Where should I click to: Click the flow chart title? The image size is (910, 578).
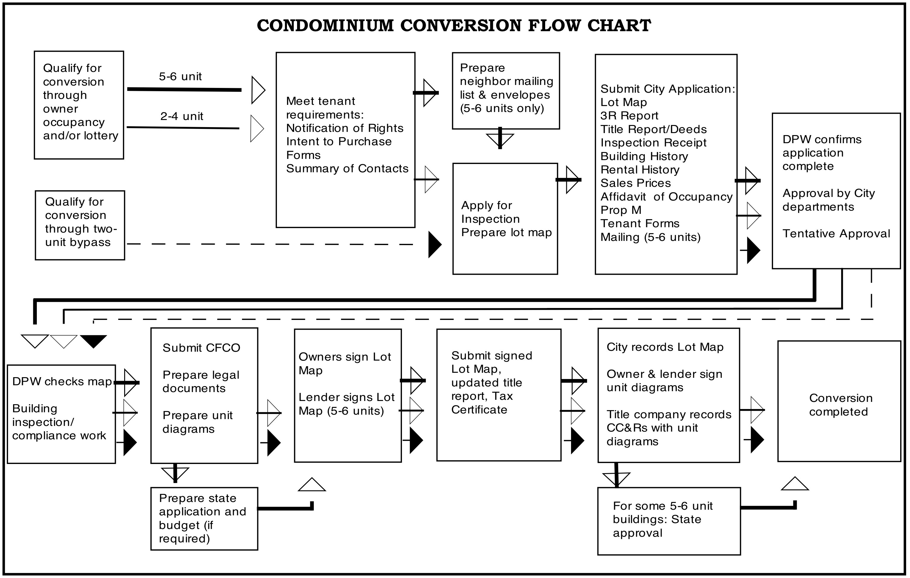pos(454,26)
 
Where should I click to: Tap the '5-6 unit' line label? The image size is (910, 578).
pos(180,77)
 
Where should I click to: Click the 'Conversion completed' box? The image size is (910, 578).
pos(839,401)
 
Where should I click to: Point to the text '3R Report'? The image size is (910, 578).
pos(629,116)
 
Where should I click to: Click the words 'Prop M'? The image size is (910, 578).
pos(621,210)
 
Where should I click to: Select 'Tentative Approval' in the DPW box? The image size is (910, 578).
pos(836,233)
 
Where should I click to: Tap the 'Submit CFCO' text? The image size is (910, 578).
pos(201,348)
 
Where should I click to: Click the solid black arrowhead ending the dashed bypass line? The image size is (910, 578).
pos(435,245)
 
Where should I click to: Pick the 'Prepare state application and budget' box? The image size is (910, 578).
pos(204,519)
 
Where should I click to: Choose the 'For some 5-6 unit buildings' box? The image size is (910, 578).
pos(669,521)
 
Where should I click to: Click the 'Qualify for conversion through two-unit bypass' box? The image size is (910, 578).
pos(80,225)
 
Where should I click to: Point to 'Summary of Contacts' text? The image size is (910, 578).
pos(347,168)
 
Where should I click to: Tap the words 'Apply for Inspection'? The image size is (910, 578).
pos(491,212)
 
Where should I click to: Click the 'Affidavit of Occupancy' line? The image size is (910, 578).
pos(666,197)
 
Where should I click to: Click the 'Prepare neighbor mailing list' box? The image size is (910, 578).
pos(506,91)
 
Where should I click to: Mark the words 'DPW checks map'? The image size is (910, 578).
pos(62,382)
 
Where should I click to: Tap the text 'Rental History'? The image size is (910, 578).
pos(640,170)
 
